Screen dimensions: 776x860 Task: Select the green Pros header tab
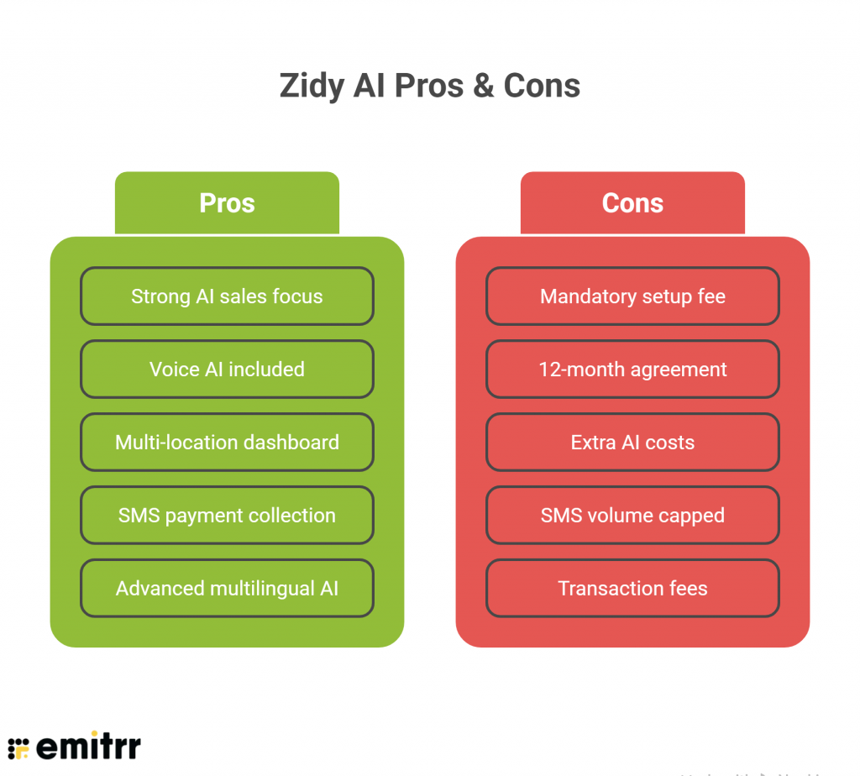click(x=227, y=203)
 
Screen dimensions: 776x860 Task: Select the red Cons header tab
click(x=632, y=203)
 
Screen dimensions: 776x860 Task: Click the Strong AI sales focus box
click(x=227, y=296)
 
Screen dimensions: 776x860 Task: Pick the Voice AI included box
click(x=227, y=370)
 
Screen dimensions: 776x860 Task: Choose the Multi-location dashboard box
click(x=227, y=443)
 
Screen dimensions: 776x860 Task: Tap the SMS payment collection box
click(x=227, y=516)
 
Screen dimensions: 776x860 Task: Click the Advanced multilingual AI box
click(x=227, y=589)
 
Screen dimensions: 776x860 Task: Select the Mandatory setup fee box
click(x=632, y=296)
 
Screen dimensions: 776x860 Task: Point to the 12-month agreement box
click(x=632, y=370)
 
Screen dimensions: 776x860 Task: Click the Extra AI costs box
click(x=632, y=443)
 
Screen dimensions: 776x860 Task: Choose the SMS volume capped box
click(x=632, y=516)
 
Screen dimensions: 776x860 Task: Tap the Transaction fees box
click(x=632, y=589)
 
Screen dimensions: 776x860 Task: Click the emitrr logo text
click(x=88, y=746)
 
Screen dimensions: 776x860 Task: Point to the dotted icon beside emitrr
click(x=18, y=747)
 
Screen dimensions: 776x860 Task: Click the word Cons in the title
click(x=542, y=86)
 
